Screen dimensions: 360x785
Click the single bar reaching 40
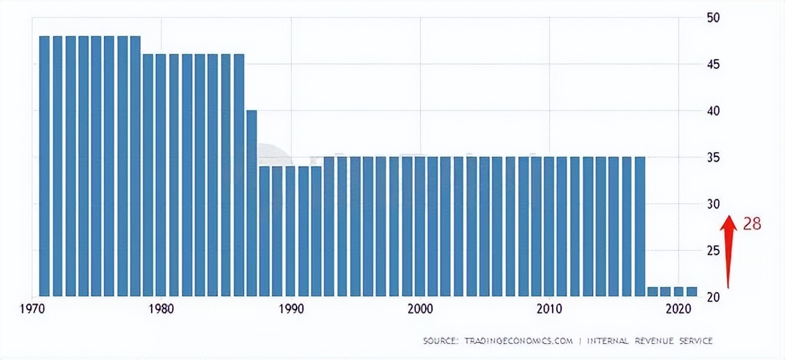[252, 203]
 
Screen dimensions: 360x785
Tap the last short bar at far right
[691, 291]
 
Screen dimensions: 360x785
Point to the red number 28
[752, 224]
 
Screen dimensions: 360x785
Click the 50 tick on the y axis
[714, 18]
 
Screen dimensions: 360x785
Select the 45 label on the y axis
[714, 65]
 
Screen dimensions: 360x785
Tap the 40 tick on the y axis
[714, 111]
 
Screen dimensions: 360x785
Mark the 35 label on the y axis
[714, 158]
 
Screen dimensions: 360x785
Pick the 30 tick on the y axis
[714, 204]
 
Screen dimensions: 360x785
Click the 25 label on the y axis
[714, 251]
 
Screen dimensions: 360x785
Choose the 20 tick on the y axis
[714, 297]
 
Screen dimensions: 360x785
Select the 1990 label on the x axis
[290, 309]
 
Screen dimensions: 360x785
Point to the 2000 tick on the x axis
[420, 309]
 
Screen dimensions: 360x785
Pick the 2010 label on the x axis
[549, 309]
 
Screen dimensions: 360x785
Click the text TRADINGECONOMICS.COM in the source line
[517, 341]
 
